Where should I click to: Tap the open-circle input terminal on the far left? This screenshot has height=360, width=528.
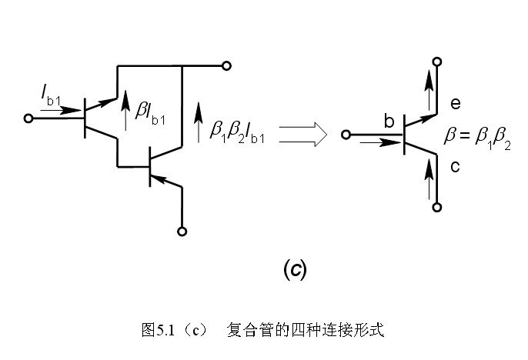click(29, 119)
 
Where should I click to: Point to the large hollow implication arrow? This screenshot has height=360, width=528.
click(302, 135)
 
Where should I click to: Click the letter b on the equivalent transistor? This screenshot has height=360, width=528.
click(389, 120)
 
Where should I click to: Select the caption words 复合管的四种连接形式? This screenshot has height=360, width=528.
click(305, 332)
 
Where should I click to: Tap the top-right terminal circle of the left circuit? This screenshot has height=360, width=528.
click(226, 65)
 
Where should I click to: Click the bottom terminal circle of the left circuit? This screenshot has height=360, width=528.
click(182, 230)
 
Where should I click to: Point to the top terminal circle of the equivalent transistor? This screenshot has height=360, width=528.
click(437, 61)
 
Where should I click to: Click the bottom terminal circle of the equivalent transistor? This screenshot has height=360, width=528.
click(437, 207)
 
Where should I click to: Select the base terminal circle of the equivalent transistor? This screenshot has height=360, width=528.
click(346, 135)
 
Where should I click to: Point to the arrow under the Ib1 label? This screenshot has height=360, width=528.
click(55, 110)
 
